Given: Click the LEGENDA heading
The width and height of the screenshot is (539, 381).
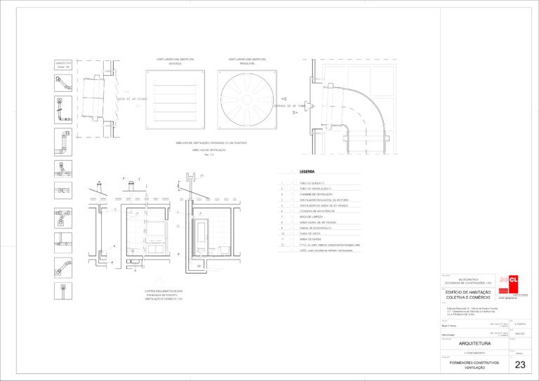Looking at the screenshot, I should [x=307, y=171].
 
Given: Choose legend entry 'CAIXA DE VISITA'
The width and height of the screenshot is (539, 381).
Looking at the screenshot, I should [x=312, y=234].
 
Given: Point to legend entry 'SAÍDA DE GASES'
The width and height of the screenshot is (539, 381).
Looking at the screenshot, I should [x=312, y=239].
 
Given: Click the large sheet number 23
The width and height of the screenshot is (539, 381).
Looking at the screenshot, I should [x=520, y=364].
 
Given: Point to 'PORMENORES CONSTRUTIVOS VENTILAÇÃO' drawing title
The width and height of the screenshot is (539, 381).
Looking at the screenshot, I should [x=474, y=365].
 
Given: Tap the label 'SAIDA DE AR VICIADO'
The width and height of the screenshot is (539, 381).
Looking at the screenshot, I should [x=131, y=99].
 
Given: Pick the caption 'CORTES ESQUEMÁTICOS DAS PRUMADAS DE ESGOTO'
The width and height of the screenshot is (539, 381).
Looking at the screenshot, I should [x=159, y=294].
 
